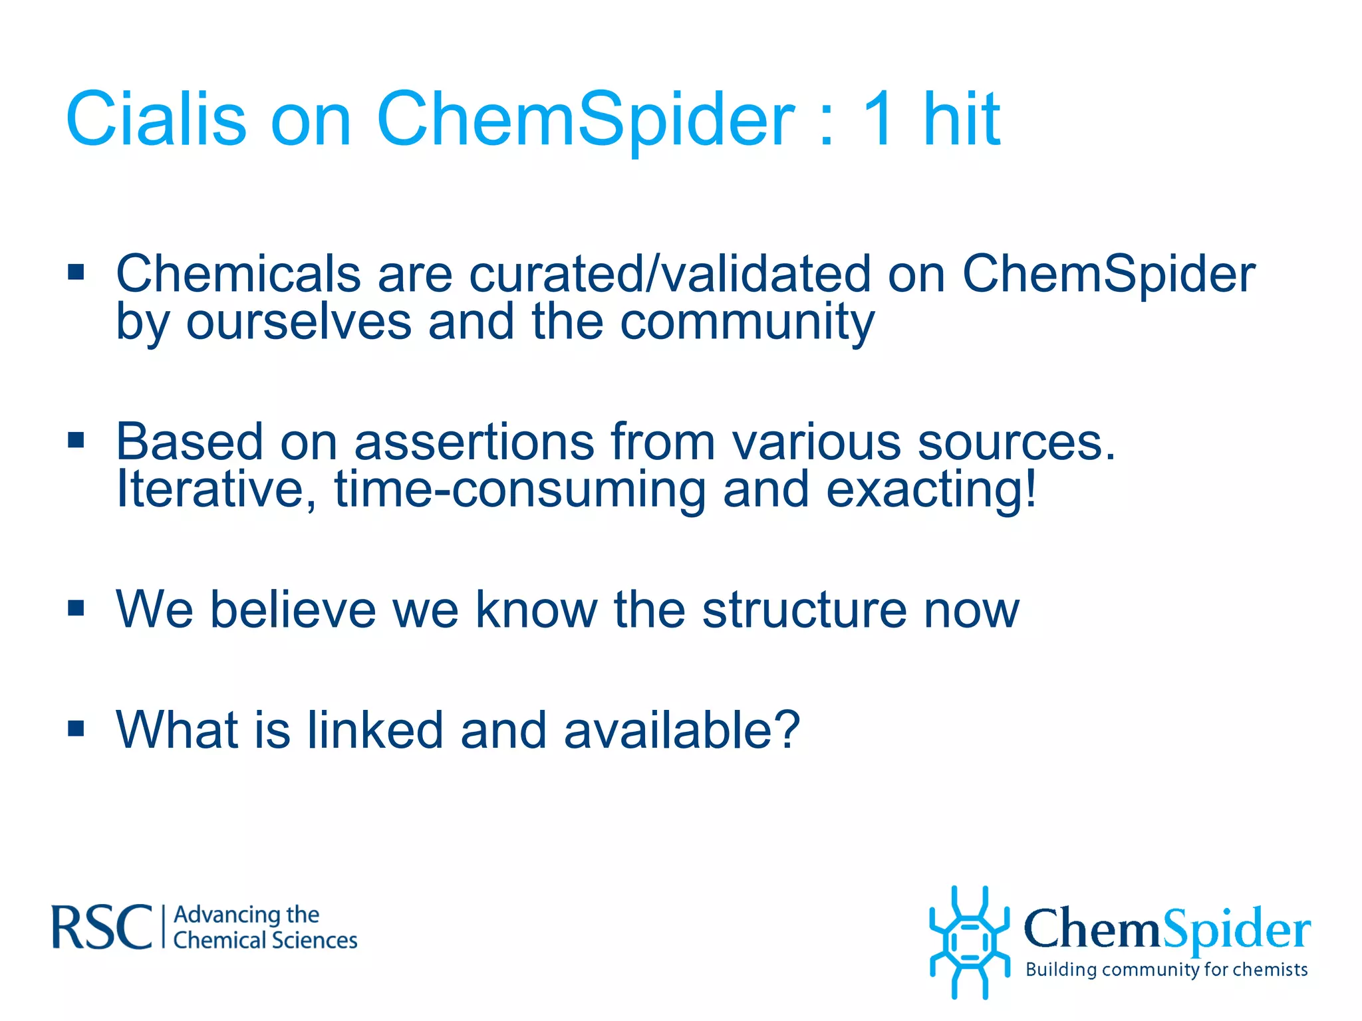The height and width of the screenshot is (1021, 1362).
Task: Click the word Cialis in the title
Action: (x=156, y=120)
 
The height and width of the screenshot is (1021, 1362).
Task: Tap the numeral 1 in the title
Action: (x=879, y=120)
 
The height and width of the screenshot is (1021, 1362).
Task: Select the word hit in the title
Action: (x=962, y=120)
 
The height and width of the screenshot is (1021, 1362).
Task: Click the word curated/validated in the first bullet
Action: (x=670, y=274)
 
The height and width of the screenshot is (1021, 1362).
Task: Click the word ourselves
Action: (x=299, y=323)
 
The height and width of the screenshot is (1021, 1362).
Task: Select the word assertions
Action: (x=474, y=442)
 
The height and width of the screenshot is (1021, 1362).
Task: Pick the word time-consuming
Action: (x=519, y=490)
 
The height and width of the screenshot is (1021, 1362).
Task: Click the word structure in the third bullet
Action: (x=805, y=610)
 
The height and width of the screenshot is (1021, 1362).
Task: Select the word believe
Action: (x=293, y=610)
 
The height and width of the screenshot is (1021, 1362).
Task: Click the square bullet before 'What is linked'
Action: (x=76, y=729)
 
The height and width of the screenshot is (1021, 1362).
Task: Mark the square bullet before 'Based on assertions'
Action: (x=76, y=440)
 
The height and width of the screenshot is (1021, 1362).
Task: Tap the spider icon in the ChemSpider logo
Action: (x=970, y=941)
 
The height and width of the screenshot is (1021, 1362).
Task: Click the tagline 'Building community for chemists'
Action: (x=1166, y=970)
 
